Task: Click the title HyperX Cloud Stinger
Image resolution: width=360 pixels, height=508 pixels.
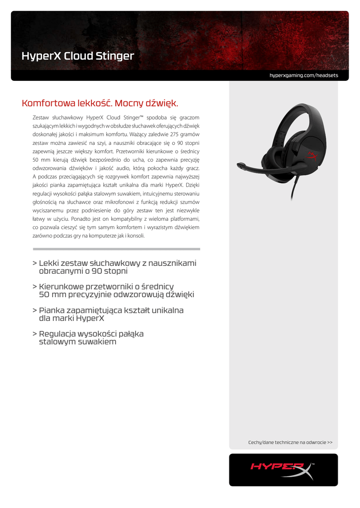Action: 77,56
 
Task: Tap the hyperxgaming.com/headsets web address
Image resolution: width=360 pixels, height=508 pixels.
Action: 303,75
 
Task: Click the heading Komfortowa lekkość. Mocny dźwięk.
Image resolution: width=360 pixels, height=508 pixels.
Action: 100,104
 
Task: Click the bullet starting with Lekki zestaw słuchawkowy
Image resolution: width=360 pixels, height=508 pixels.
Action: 117,267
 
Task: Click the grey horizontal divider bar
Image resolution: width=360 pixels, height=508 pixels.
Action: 116,249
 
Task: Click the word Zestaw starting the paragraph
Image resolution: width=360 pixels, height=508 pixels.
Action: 40,118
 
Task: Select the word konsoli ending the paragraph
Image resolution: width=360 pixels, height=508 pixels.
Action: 136,236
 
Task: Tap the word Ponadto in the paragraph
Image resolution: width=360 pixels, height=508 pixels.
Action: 80,219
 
